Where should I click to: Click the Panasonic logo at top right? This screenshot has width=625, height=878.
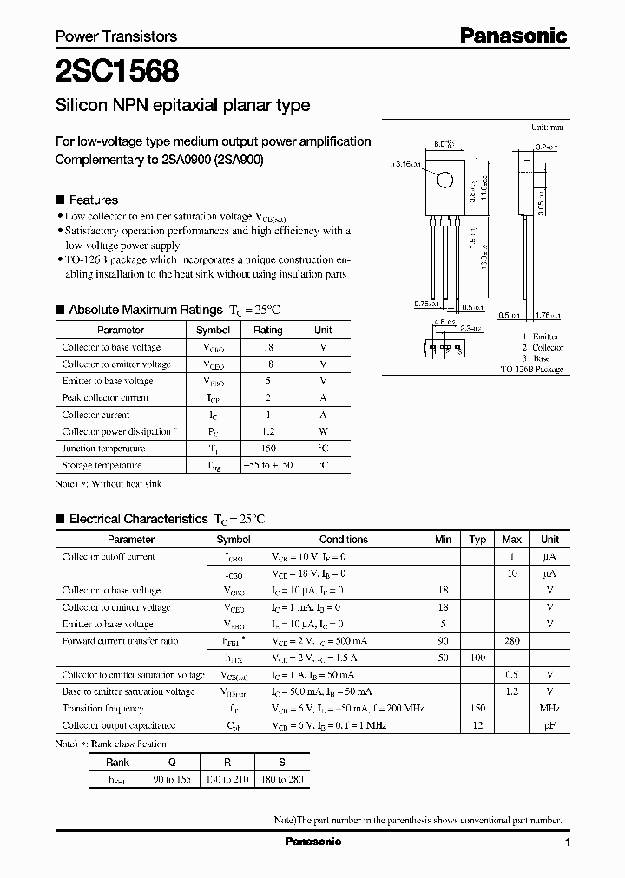point(513,36)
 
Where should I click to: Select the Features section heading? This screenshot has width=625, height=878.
point(93,200)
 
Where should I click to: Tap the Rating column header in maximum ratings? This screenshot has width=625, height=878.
point(267,330)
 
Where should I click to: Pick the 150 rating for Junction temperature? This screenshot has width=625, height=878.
point(268,449)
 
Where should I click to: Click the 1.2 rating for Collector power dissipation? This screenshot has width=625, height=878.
point(268,432)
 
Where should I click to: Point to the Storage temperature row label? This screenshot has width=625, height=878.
point(102,466)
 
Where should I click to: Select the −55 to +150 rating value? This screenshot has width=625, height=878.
point(268,466)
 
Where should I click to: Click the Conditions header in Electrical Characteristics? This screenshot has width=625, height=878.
point(344,539)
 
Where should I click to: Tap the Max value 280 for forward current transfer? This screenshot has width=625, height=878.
point(512,641)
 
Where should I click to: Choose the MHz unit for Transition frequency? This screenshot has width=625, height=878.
point(549,709)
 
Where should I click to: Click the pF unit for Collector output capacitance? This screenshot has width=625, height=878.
point(549,725)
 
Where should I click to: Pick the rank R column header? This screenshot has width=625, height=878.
point(227,762)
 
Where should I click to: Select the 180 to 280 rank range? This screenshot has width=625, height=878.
point(282,778)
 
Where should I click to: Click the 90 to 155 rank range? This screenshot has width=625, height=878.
point(172,778)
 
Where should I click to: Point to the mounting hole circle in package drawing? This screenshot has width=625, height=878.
point(444,181)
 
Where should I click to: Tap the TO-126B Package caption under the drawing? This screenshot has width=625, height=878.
point(531,370)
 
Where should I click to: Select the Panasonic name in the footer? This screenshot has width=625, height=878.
point(313,842)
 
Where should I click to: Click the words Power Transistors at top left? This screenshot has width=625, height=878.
point(116,36)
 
